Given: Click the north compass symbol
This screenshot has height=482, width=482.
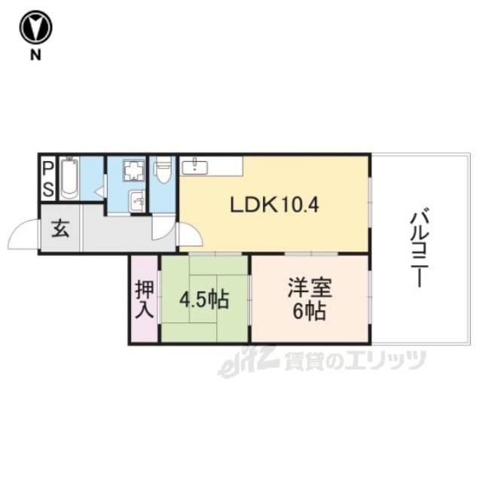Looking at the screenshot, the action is click(x=35, y=27).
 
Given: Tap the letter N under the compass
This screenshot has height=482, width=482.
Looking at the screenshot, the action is click(x=35, y=55).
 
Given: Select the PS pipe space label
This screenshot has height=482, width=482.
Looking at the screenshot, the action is click(x=48, y=179).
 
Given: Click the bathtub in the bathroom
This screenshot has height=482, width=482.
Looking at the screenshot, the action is click(x=69, y=178).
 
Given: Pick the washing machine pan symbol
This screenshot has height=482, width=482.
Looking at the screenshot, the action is click(x=134, y=170).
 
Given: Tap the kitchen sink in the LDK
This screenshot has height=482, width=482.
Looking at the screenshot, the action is click(x=195, y=167).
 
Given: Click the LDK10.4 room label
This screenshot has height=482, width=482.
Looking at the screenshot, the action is click(x=274, y=205).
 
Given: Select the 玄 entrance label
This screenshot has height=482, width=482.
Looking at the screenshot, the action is click(x=60, y=229).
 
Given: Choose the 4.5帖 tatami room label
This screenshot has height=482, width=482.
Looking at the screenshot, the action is click(x=204, y=300).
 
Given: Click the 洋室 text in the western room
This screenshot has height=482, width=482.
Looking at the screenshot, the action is click(x=310, y=288).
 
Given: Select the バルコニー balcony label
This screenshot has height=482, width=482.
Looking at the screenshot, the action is click(x=419, y=248).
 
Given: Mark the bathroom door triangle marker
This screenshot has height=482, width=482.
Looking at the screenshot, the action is click(x=99, y=191).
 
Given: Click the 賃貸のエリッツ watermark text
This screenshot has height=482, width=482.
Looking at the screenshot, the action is click(x=355, y=361).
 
